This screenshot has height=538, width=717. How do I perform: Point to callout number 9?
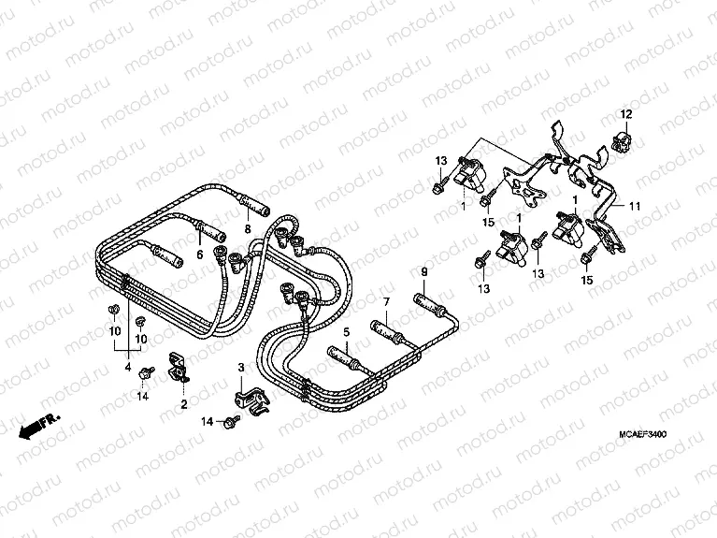click(x=423, y=272)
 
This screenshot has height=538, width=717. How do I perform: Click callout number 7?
click(x=384, y=301)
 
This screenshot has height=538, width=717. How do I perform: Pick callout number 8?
click(x=247, y=228)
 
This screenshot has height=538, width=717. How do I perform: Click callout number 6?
click(x=199, y=253)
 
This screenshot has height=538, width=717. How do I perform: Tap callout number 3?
click(x=241, y=367)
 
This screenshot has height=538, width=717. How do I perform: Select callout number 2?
click(x=183, y=404)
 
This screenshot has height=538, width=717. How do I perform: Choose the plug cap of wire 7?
click(x=387, y=329)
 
